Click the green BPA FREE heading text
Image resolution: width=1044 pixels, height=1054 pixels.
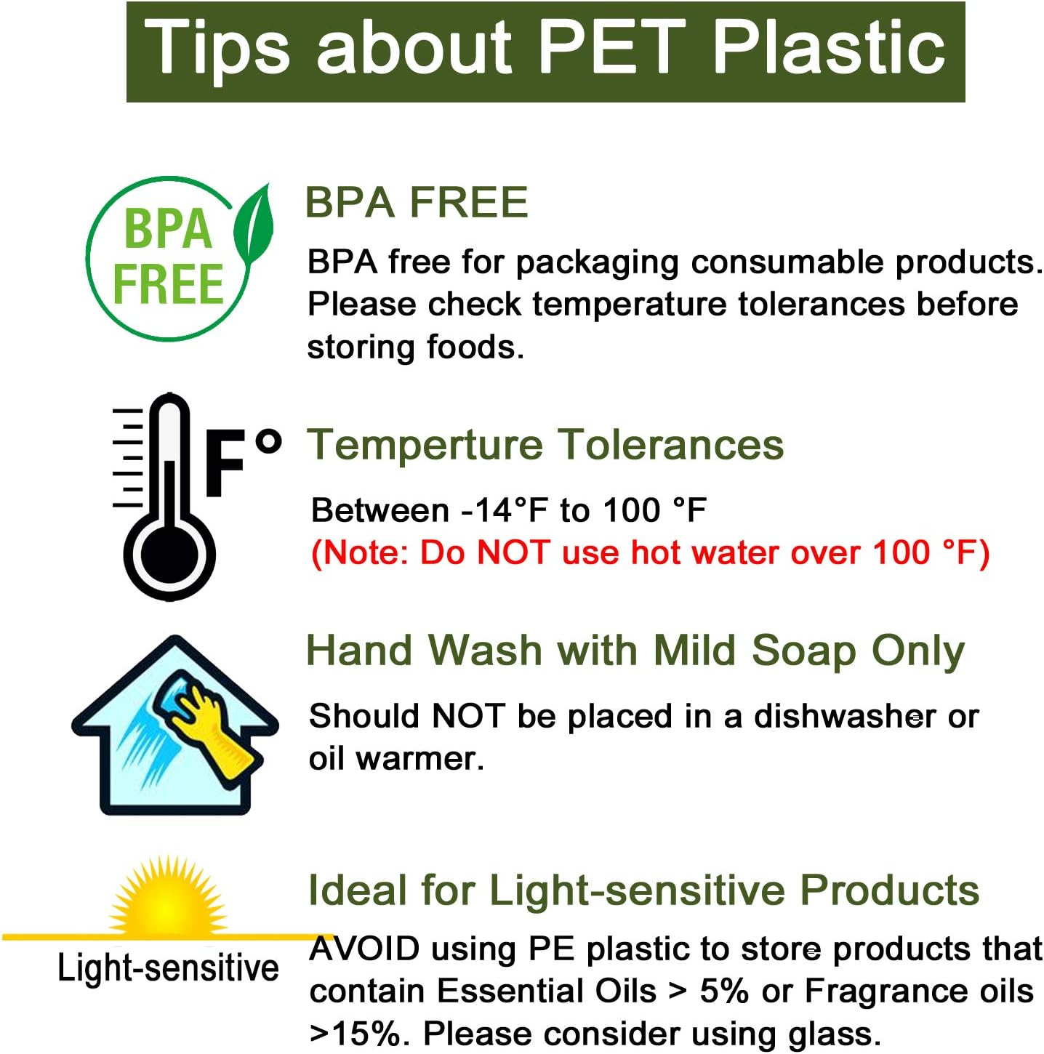click(x=416, y=203)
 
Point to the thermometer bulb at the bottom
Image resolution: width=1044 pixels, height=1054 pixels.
click(x=169, y=556)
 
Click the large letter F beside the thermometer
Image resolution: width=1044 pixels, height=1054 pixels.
click(x=225, y=463)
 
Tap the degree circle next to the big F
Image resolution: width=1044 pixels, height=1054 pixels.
click(x=268, y=441)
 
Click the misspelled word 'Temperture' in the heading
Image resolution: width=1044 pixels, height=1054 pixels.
click(x=425, y=445)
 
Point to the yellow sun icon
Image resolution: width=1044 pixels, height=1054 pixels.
click(x=168, y=900)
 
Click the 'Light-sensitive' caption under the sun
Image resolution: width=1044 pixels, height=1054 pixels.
click(x=168, y=968)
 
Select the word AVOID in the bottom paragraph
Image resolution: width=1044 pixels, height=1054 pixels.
click(x=364, y=949)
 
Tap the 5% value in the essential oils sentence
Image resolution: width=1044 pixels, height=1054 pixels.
click(x=723, y=991)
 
